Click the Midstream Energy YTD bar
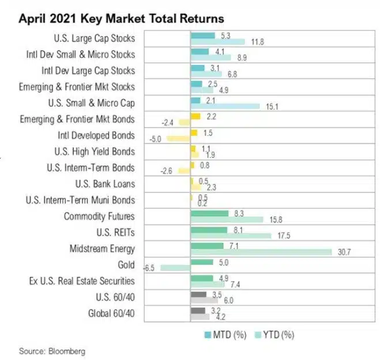(x=261, y=252)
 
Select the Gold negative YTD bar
(x=175, y=268)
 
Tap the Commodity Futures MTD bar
(x=209, y=213)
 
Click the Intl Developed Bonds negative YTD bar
(x=179, y=139)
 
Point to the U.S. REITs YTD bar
(x=231, y=236)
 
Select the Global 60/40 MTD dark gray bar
(x=198, y=310)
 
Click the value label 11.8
(x=254, y=41)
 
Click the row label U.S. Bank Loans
(x=105, y=184)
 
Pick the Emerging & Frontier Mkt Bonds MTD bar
(x=195, y=116)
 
